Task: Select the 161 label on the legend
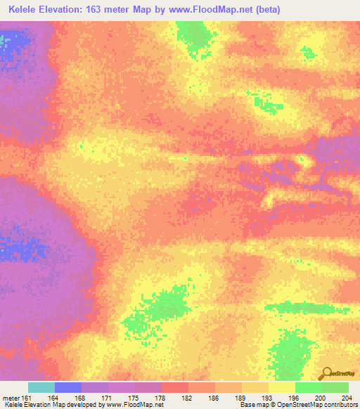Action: pos(26,397)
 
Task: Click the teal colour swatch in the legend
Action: pos(41,387)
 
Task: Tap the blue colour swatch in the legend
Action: pos(68,387)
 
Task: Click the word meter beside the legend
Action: pos(10,397)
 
